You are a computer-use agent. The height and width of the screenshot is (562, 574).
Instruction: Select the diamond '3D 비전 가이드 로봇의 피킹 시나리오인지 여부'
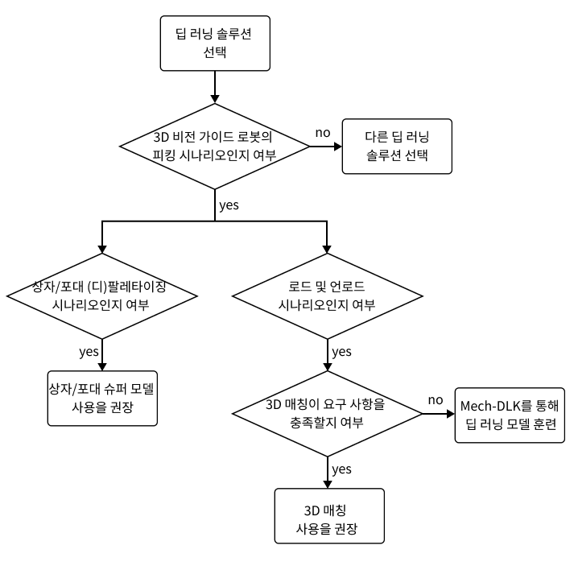click(x=214, y=146)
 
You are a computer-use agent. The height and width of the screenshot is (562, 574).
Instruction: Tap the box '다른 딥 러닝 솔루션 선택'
click(x=397, y=146)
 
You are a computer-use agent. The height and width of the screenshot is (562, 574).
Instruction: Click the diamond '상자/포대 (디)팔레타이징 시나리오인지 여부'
click(x=102, y=296)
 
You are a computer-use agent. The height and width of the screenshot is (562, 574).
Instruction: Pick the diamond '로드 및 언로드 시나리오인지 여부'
click(x=326, y=296)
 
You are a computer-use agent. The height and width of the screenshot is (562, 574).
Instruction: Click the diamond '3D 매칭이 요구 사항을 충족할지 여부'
click(x=327, y=415)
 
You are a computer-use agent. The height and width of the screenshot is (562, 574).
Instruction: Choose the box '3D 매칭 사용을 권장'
click(x=327, y=519)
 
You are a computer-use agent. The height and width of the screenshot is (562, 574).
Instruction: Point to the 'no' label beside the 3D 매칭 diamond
click(x=436, y=400)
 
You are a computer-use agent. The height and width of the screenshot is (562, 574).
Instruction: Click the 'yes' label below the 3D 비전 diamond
click(x=229, y=205)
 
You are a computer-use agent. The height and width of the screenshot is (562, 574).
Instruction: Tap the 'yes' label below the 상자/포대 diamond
click(x=89, y=351)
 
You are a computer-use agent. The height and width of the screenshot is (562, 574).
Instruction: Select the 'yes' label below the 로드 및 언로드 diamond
click(x=341, y=352)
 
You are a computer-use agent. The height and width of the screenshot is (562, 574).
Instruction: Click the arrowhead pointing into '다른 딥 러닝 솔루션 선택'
click(x=337, y=146)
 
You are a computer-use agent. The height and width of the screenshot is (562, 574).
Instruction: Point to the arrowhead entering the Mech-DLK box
click(x=449, y=415)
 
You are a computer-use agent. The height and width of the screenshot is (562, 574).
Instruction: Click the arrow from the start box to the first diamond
click(x=214, y=85)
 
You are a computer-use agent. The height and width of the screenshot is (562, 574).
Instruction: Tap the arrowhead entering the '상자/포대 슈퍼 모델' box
click(x=102, y=364)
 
